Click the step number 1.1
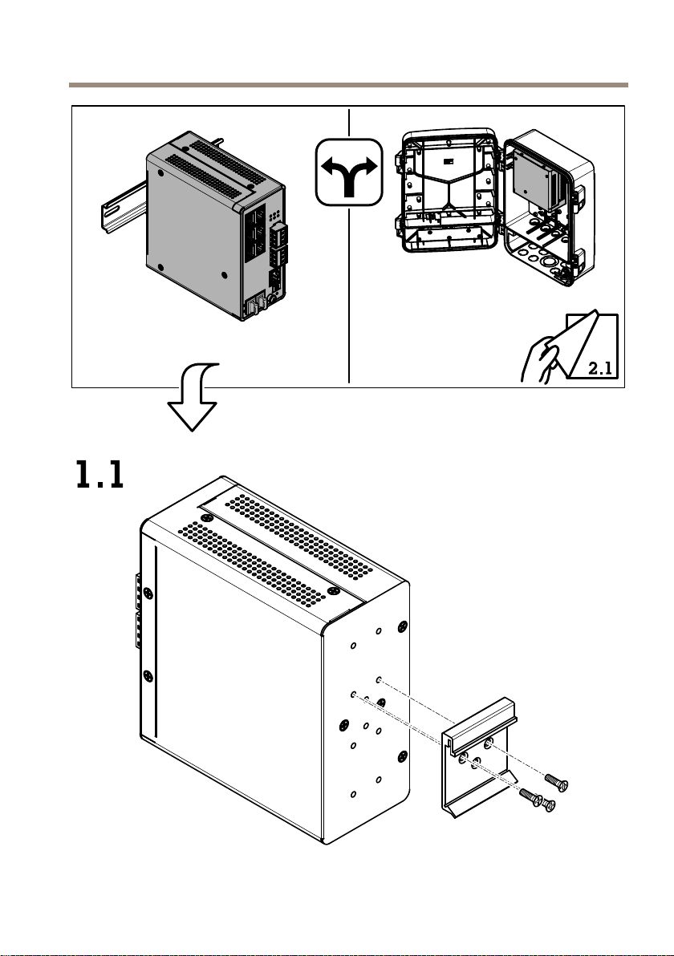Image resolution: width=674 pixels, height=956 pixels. coord(100,475)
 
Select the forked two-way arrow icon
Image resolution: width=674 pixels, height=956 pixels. coord(349,172)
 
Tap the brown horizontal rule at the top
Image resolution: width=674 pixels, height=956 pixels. coord(348,85)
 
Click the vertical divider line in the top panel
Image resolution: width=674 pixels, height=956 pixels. coord(349,245)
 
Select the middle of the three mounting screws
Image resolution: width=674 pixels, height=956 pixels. coord(530,797)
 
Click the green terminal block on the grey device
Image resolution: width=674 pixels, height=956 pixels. coord(280,244)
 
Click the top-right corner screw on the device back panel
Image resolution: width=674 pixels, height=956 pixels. coord(402,626)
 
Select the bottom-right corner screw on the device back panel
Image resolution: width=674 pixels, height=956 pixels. coord(402,757)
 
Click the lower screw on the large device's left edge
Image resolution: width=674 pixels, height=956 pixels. coord(147,675)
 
